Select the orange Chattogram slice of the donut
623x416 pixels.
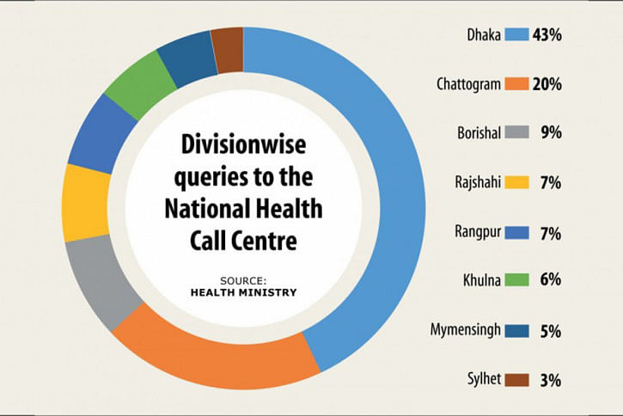click(x=215, y=356)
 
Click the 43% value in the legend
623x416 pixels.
click(x=547, y=35)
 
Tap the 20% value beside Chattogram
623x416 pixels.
click(x=547, y=84)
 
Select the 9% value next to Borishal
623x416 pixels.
click(x=551, y=132)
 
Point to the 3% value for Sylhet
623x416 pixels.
click(x=551, y=381)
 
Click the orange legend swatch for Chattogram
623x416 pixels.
click(x=517, y=84)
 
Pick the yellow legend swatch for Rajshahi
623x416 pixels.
click(x=517, y=182)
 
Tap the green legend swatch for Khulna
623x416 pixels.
click(x=517, y=280)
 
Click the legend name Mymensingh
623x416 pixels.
click(x=466, y=330)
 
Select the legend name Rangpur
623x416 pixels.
click(x=478, y=232)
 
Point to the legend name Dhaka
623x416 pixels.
click(x=484, y=35)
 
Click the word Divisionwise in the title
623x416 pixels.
click(x=243, y=144)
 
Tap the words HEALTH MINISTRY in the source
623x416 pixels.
click(x=243, y=293)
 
